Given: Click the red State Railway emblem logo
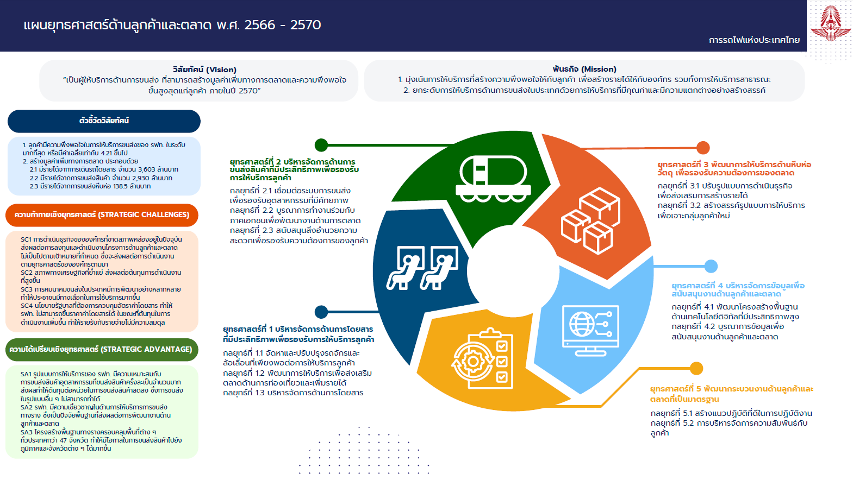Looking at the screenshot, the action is [831, 23].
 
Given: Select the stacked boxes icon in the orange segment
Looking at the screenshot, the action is [590, 220].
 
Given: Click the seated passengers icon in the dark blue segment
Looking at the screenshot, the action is [422, 268].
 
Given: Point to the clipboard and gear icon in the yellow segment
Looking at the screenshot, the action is [482, 359].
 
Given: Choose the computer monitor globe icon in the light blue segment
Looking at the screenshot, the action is [590, 330].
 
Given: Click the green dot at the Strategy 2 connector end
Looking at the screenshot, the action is [321, 145].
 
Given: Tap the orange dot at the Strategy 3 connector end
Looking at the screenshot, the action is [703, 148].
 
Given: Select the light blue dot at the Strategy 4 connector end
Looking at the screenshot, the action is [711, 266].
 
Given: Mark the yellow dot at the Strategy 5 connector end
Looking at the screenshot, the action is [696, 368].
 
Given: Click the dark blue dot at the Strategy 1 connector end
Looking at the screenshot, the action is [321, 312].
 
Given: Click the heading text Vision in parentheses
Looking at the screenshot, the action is [221, 70].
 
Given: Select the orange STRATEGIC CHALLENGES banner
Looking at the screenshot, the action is [102, 215].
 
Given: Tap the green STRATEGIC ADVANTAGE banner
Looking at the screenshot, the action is [102, 350].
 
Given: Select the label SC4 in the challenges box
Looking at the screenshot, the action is [27, 306].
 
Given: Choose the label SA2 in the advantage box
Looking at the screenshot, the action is [27, 407].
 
